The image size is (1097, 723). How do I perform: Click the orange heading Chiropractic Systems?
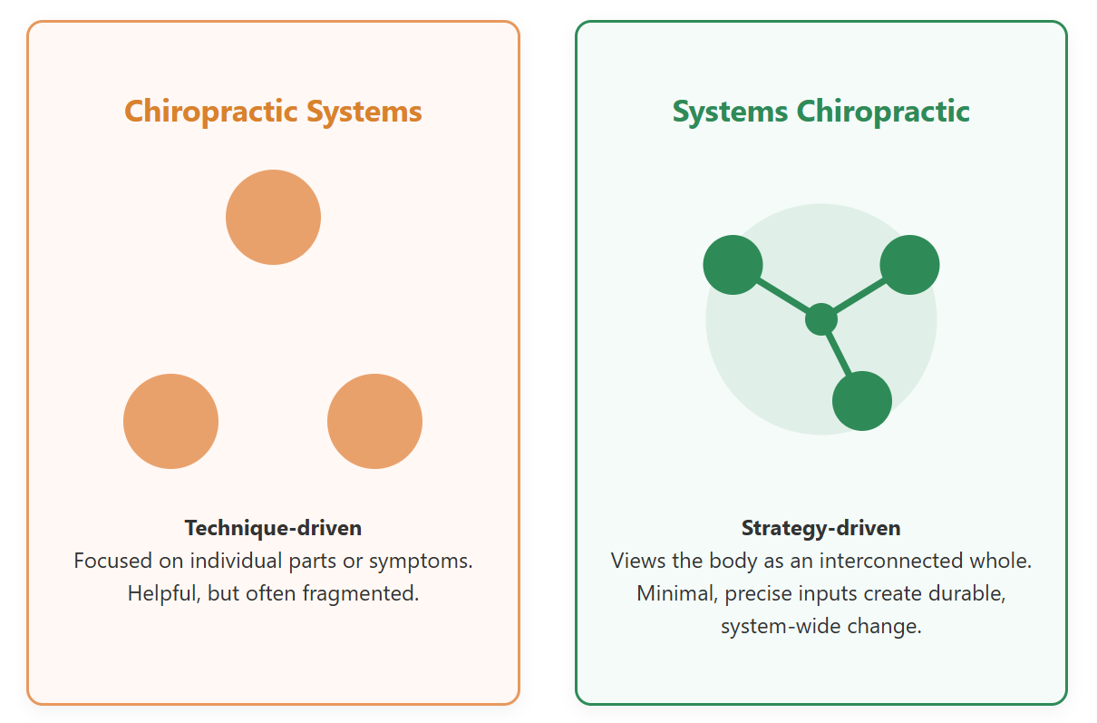[x=273, y=112]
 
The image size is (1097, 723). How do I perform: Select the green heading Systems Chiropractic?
[x=820, y=112]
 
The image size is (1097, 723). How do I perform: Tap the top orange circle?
[x=273, y=217]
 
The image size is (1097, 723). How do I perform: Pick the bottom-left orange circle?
[x=170, y=421]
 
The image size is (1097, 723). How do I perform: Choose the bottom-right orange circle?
[x=374, y=421]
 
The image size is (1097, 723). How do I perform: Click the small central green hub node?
[x=821, y=319]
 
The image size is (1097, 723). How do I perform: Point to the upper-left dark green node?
[x=733, y=265]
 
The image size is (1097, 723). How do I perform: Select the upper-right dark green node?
[x=909, y=265]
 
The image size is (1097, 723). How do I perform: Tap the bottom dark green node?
[x=862, y=401]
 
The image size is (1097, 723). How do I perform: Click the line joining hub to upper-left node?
[x=781, y=295]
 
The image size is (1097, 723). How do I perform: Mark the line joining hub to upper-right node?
[x=860, y=295]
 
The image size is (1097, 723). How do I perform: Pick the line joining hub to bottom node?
[x=838, y=353]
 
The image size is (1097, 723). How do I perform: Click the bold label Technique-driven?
[x=273, y=528]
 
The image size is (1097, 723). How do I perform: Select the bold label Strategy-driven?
[x=820, y=528]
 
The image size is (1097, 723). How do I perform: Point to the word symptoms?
[x=420, y=561]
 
